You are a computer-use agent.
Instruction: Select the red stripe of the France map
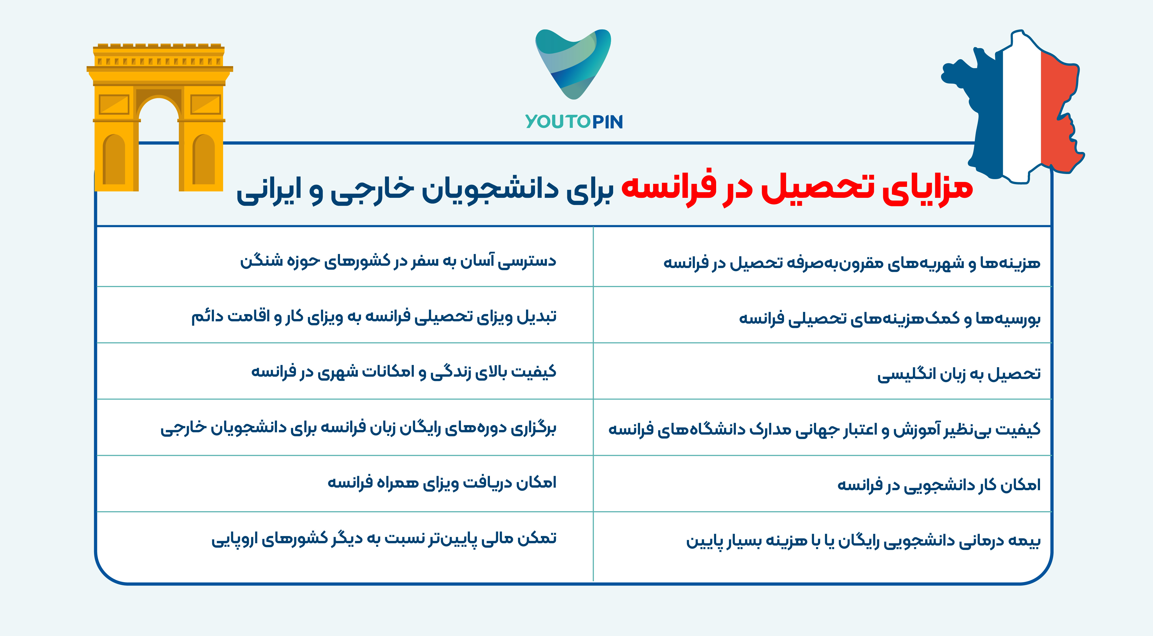[x=1061, y=112]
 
